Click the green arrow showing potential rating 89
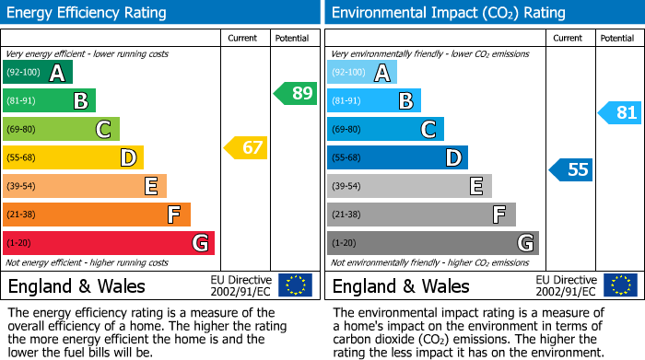(x=296, y=93)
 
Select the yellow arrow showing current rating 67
(x=246, y=147)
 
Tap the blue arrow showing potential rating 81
(x=620, y=113)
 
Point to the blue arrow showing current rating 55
(x=571, y=169)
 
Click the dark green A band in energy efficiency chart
(x=38, y=73)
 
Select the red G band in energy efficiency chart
(x=109, y=243)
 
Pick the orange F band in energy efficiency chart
(x=97, y=215)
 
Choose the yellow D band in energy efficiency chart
(x=74, y=157)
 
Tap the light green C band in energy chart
(x=62, y=129)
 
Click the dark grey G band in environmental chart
(x=433, y=243)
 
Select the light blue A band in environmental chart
(x=362, y=73)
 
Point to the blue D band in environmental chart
(x=397, y=157)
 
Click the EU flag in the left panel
(x=295, y=285)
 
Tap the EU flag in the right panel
(x=620, y=285)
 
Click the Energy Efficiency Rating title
(x=87, y=13)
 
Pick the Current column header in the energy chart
(x=244, y=38)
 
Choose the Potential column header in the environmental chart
(x=616, y=38)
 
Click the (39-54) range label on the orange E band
(x=21, y=186)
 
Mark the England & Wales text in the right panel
(x=401, y=285)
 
